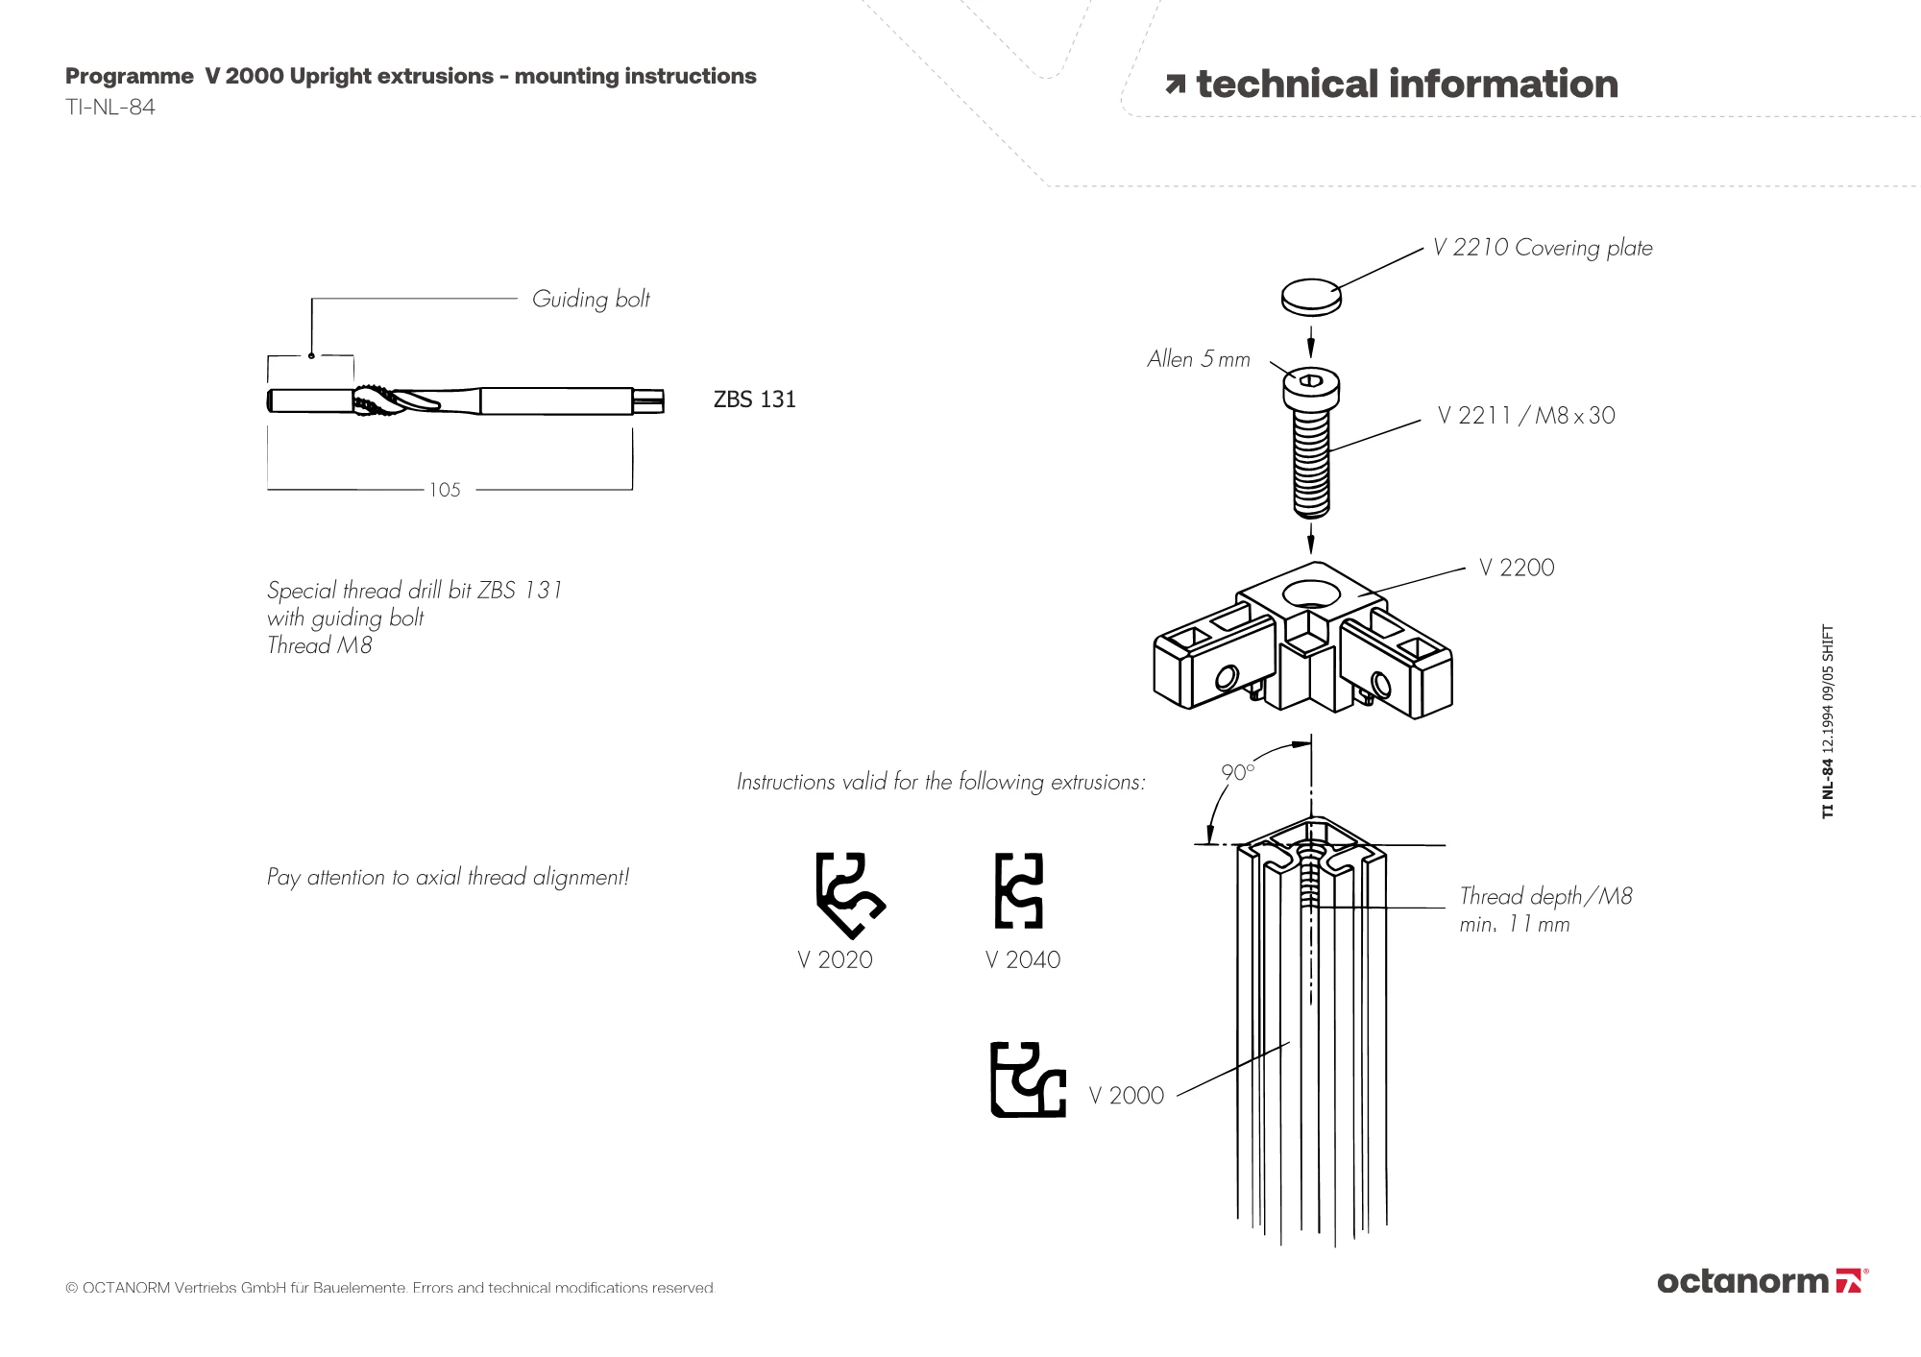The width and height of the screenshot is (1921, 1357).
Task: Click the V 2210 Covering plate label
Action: point(1542,248)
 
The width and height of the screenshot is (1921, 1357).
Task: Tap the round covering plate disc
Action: point(1311,296)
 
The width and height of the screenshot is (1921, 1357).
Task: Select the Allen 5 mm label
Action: point(1198,359)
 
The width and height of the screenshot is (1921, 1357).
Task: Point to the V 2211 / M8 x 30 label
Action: point(1525,416)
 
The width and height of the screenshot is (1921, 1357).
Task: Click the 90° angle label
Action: point(1237,772)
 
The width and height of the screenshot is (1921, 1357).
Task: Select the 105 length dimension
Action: point(445,490)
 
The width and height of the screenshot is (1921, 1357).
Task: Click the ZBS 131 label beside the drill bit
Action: point(754,400)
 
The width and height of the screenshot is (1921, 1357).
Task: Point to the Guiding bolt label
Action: point(591,300)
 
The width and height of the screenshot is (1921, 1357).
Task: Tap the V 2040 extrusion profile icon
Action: point(1018,890)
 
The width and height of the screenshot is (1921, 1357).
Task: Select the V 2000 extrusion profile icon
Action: point(1027,1079)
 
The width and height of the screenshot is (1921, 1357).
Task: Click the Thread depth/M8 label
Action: point(1544,897)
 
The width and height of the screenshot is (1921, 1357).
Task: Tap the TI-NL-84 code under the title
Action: point(110,108)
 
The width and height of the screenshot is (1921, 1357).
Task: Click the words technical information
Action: point(1406,85)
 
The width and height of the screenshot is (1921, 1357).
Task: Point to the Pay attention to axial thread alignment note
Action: point(448,877)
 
